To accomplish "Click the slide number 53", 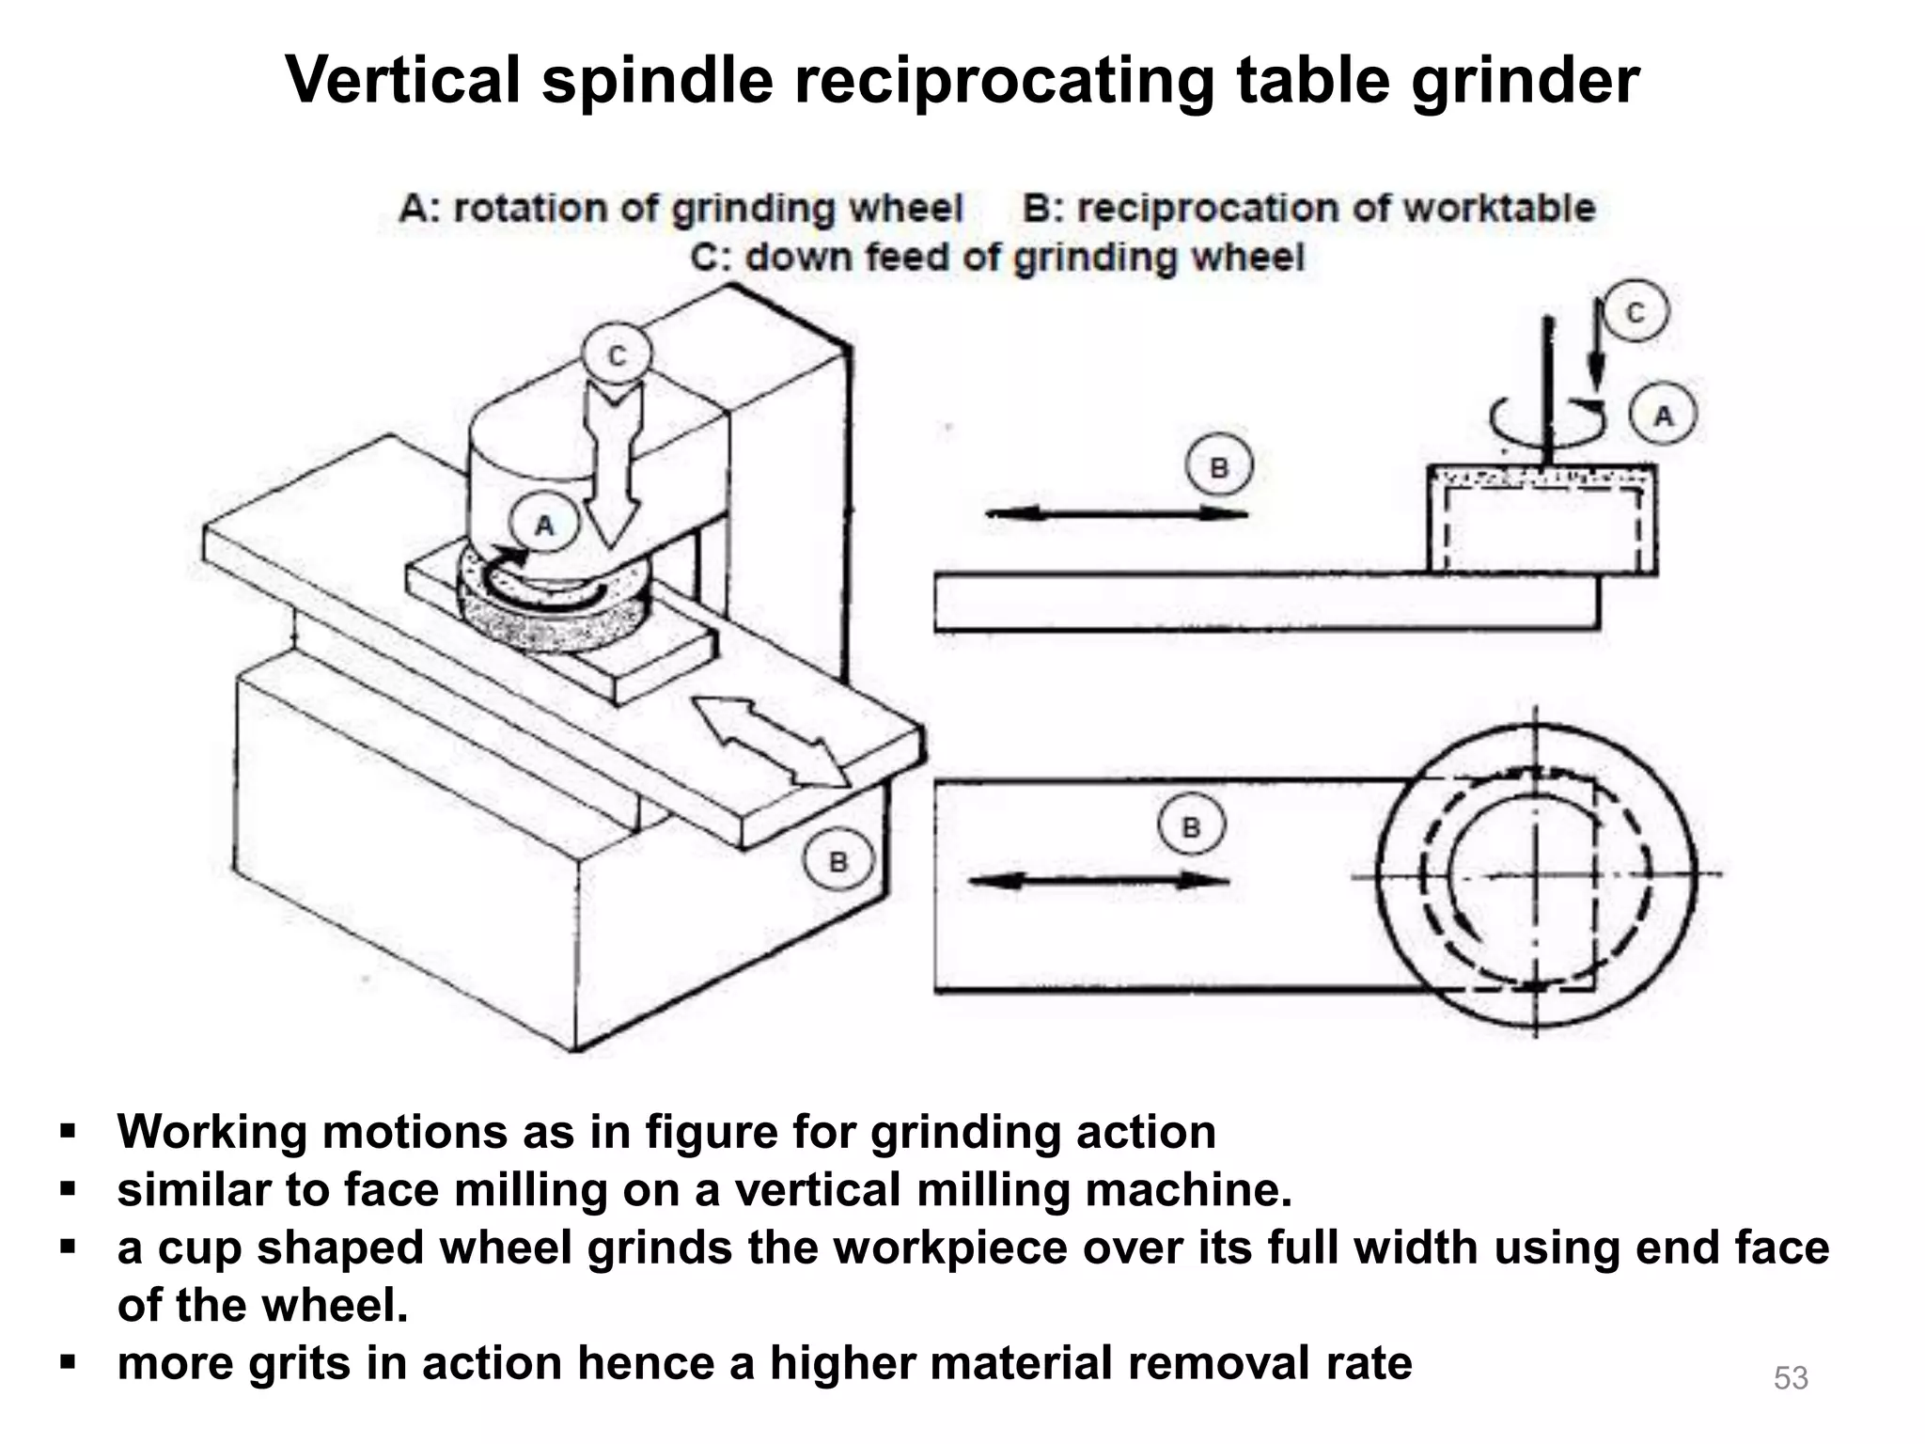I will click(1791, 1377).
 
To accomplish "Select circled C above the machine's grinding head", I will click(617, 356).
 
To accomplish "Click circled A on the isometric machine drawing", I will click(544, 526).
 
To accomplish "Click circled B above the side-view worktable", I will click(1219, 467).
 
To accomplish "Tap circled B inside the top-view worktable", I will click(1191, 827).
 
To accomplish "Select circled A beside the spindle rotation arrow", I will click(1663, 415).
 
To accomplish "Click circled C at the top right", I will click(1635, 311).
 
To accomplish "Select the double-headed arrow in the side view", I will click(1116, 513).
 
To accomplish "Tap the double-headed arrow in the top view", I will click(1099, 880).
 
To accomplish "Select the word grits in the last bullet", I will click(298, 1363).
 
